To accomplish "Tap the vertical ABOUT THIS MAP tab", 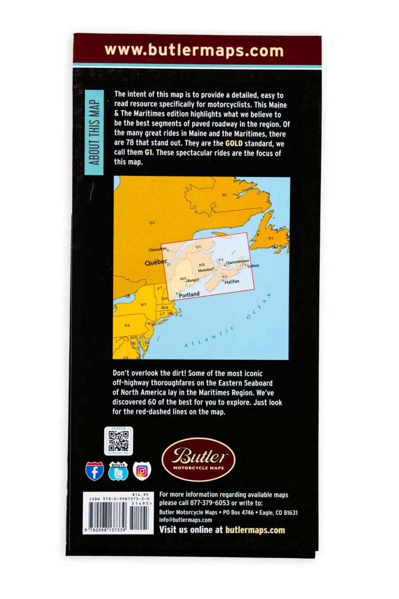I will click(94, 133).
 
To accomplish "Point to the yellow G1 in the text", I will click(150, 153).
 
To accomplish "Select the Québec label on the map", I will click(156, 262).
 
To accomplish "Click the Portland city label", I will click(189, 294).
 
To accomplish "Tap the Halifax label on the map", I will click(232, 282).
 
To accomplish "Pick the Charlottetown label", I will click(238, 262).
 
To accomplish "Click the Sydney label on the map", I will click(253, 266).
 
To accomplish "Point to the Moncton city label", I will click(205, 270).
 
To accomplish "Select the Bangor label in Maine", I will click(193, 280).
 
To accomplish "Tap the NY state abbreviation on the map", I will click(143, 305).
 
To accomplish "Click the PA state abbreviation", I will click(127, 325).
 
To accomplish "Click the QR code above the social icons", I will click(118, 441).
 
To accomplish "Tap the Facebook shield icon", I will click(95, 471).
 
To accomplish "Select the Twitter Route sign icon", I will click(118, 471).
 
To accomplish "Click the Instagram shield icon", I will click(142, 471).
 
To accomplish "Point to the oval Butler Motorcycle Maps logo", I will click(198, 459).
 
